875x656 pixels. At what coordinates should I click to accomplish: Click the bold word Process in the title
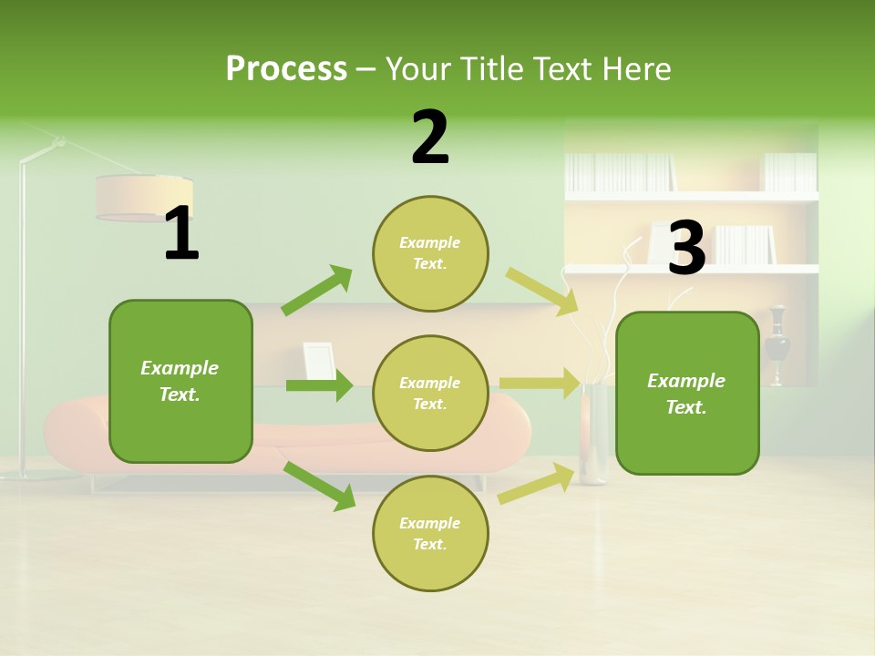point(286,69)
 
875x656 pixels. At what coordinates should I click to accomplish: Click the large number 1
point(181,234)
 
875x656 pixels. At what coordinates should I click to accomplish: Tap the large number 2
point(430,138)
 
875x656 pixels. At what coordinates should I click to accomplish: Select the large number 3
point(686,248)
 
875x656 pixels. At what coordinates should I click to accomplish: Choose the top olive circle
point(430,252)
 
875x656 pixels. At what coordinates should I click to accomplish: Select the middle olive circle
point(430,393)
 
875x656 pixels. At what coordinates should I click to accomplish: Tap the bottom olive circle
point(430,533)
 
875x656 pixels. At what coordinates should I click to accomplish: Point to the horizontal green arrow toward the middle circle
point(319,385)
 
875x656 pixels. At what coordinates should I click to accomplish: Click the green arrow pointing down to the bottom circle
point(320,485)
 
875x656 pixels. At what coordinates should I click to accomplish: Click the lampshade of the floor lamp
point(143,198)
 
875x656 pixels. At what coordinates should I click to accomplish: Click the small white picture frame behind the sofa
point(318,360)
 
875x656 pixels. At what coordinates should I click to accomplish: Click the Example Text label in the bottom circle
point(429,533)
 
